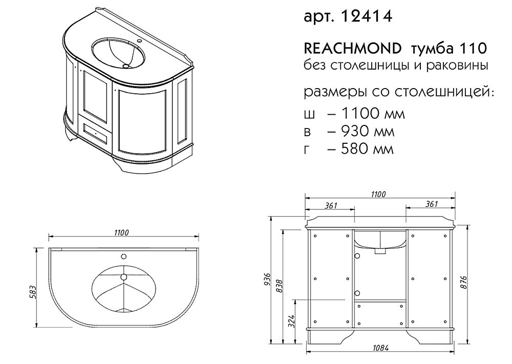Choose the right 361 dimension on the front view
click(431, 204)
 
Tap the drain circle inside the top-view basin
click(123, 277)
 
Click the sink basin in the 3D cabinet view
click(119, 53)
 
